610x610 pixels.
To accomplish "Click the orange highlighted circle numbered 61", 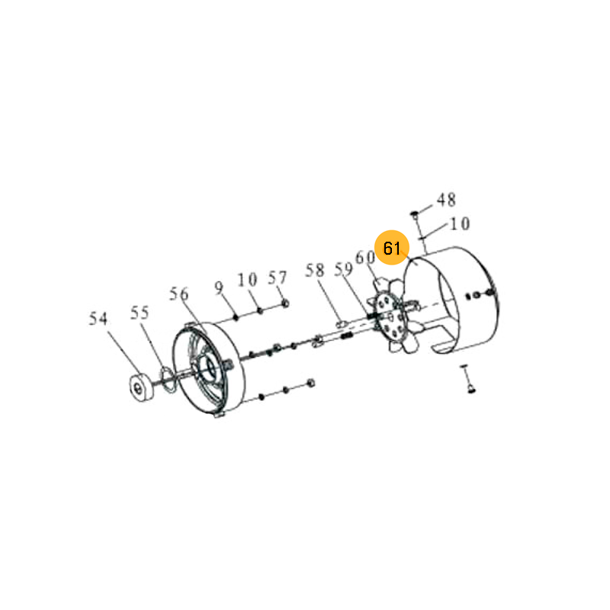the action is click(x=391, y=247).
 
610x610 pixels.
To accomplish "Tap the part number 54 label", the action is click(x=98, y=319).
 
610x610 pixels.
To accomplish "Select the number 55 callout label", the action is click(x=140, y=313).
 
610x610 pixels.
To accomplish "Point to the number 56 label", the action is click(x=178, y=294).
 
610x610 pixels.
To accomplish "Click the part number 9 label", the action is click(x=219, y=288).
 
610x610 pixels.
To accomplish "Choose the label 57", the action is click(x=278, y=278).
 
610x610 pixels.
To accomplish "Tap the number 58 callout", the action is click(x=315, y=271).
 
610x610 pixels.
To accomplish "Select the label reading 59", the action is click(x=344, y=269).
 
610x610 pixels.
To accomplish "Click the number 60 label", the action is click(x=365, y=257).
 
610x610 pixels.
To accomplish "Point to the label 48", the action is click(x=446, y=200).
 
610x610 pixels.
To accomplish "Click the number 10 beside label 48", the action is click(x=460, y=223).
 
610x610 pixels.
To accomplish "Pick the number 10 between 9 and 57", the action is click(x=247, y=280).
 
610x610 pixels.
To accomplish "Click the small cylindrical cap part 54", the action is click(x=140, y=387).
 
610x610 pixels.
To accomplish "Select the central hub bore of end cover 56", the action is click(x=209, y=368).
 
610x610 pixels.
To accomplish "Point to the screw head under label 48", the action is click(x=414, y=213).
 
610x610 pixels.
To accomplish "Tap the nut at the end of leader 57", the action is click(x=285, y=303).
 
